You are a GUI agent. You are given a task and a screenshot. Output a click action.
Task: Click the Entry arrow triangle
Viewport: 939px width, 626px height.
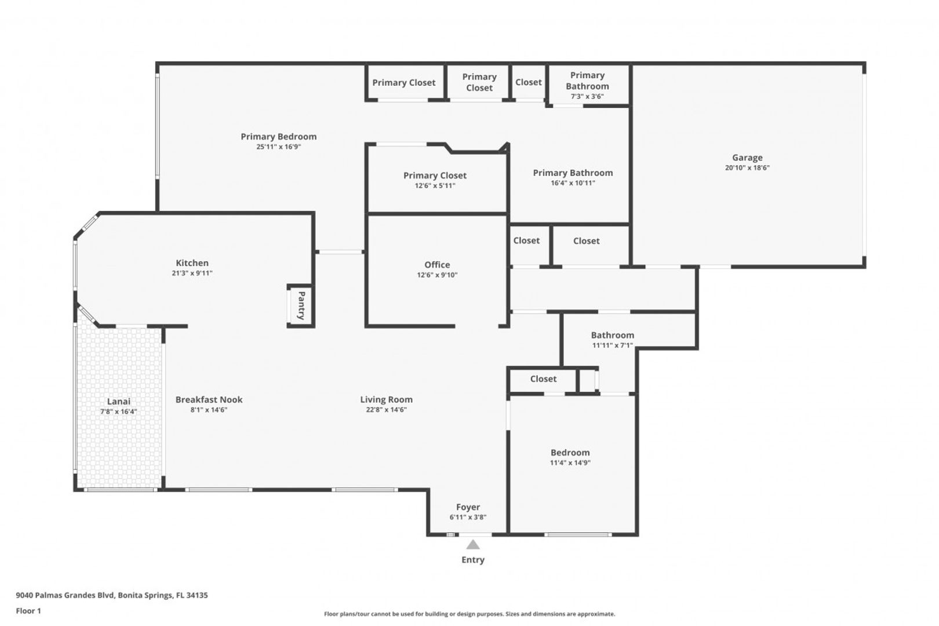(473, 545)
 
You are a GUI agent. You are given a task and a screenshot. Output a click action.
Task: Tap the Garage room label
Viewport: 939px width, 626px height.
(747, 158)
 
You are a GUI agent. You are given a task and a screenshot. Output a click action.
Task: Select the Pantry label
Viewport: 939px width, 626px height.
(301, 305)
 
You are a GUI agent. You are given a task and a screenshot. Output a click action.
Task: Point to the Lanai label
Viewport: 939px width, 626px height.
(119, 401)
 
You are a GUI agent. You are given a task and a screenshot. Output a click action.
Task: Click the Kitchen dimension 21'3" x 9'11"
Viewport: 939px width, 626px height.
(192, 273)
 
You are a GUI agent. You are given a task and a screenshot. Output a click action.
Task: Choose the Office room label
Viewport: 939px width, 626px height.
(437, 264)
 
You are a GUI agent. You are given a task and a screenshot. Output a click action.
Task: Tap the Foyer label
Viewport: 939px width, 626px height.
(468, 507)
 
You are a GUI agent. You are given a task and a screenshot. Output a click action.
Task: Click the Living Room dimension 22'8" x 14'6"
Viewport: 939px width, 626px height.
(386, 410)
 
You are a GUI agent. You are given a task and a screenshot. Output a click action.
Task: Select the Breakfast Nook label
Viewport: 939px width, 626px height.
(209, 399)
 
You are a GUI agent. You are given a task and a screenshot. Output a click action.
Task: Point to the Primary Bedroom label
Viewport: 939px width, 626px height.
(279, 137)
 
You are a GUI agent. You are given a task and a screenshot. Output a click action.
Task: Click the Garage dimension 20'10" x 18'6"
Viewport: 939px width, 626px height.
(747, 168)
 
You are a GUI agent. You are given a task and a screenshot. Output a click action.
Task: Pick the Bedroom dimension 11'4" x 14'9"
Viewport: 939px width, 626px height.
(570, 463)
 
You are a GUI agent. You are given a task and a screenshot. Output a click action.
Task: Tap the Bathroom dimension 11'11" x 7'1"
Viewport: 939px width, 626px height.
(613, 345)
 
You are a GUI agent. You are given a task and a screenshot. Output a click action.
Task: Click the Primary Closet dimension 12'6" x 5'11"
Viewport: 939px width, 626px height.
(435, 185)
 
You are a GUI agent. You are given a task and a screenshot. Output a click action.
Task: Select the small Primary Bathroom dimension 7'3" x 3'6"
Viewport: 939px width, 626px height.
(587, 96)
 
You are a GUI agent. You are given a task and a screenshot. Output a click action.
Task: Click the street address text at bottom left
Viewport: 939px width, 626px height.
(112, 595)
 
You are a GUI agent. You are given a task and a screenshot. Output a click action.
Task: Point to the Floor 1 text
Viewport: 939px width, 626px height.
(28, 611)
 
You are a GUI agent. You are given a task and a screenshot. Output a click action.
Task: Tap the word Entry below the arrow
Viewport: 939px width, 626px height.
(473, 560)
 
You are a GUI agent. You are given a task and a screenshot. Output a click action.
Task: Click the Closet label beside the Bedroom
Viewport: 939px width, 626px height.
(543, 379)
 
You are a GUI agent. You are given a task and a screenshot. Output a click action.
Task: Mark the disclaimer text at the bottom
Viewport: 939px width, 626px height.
(469, 614)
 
